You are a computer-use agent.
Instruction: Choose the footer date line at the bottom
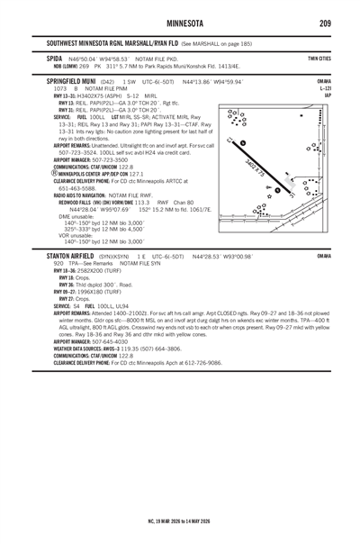coord(180,520)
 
